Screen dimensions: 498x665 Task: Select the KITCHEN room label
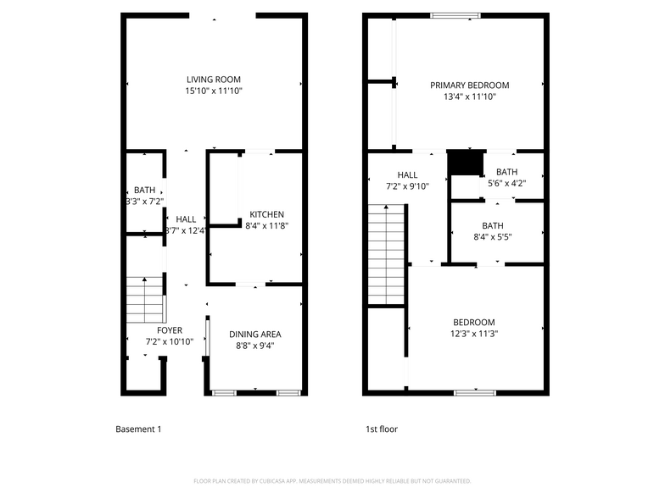coord(266,214)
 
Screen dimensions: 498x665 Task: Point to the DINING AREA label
coord(254,334)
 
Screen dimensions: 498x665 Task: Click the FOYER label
coord(170,330)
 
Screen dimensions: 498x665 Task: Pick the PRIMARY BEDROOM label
coord(469,85)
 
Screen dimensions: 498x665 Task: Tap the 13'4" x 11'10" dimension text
coord(469,97)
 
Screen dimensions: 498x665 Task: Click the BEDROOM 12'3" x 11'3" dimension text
coord(473,333)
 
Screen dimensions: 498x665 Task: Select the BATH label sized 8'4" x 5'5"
coord(492,225)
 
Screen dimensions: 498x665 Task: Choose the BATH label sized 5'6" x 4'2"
coord(506,172)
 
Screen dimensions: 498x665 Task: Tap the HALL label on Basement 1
coord(186,219)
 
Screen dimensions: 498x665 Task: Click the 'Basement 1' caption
coord(137,429)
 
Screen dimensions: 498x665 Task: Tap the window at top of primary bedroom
coord(455,15)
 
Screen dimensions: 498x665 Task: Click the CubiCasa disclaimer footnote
coord(332,480)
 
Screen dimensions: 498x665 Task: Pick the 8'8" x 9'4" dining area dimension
coord(254,346)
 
